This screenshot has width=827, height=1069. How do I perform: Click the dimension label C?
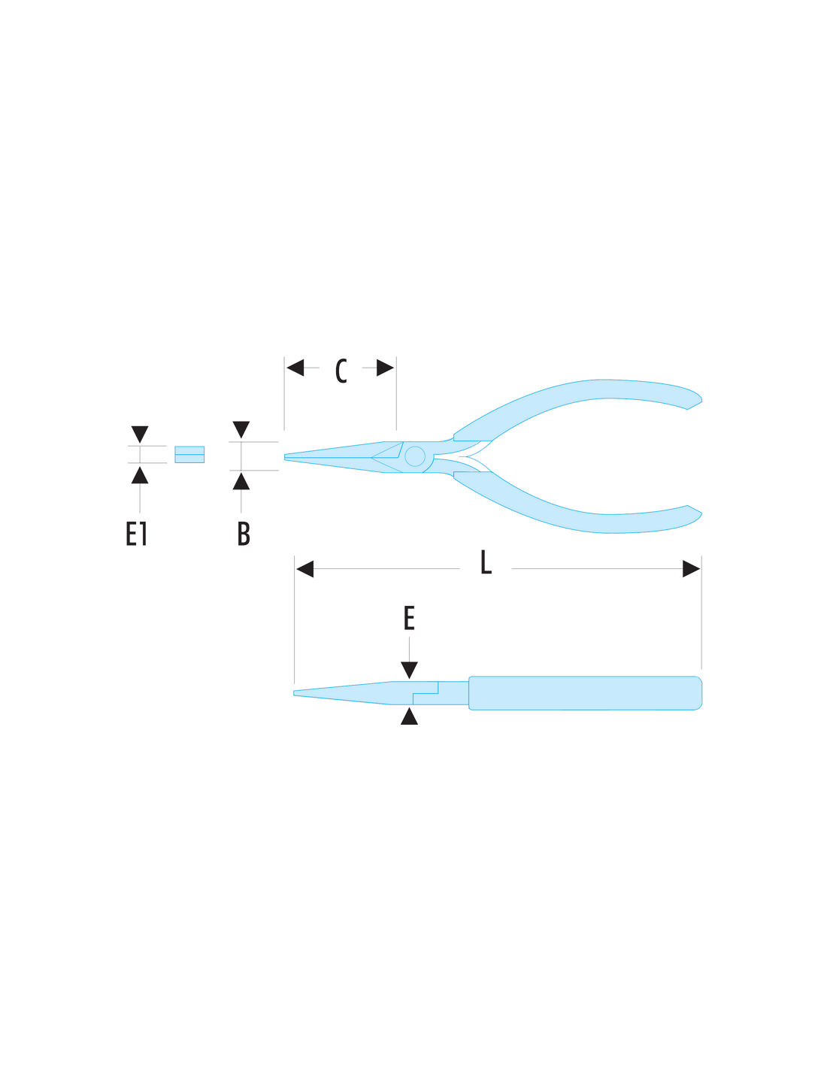(341, 371)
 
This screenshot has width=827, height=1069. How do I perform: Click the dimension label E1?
(136, 533)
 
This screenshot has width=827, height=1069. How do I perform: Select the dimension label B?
(244, 533)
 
